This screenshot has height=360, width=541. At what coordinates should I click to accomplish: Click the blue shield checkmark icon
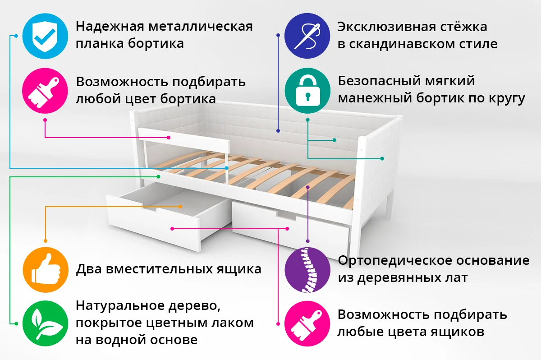[x=45, y=36]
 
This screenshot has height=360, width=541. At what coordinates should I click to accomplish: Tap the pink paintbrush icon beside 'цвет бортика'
[x=45, y=91]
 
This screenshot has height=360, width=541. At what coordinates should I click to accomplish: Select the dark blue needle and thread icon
[x=307, y=36]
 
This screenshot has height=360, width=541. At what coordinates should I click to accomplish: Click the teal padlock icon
[x=307, y=91]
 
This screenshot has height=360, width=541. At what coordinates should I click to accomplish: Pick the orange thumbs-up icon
[x=46, y=270]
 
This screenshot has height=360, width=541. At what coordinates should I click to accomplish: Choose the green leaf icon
[x=45, y=323]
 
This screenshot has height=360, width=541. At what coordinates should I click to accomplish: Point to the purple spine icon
[x=307, y=270]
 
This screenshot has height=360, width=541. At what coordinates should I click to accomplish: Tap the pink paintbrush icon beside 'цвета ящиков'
[x=307, y=323]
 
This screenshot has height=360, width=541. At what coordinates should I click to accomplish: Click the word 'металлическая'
[x=201, y=26]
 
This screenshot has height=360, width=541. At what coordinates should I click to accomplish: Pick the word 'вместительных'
[x=160, y=269]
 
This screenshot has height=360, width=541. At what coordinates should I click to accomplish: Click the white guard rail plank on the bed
[x=183, y=140]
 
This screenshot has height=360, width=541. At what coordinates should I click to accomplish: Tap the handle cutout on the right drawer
[x=286, y=215]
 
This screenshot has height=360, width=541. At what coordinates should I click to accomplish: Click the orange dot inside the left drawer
[x=180, y=207]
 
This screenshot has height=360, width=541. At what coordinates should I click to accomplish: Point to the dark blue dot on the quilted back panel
[x=278, y=131]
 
